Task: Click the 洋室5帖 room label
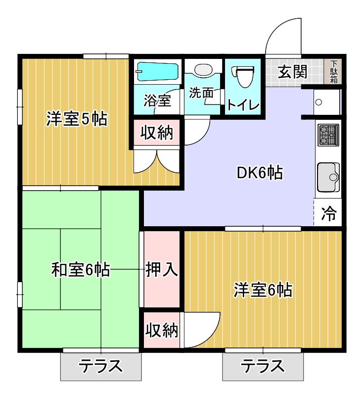coord(77,119)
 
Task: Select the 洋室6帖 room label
coord(263,290)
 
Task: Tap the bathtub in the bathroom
coord(157,72)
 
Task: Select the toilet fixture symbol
coord(242,76)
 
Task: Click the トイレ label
coord(243,105)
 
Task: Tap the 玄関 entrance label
coord(292,72)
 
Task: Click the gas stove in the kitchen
coord(328,135)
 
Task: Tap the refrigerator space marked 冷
coord(328,214)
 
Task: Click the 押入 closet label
coord(161,270)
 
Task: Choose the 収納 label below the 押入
coord(161,330)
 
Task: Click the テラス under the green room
coord(100,367)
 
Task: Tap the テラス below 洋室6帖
coord(263,367)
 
